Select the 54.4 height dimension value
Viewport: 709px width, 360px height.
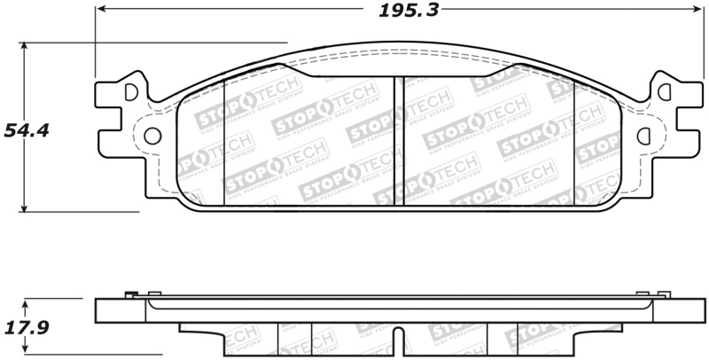(26, 130)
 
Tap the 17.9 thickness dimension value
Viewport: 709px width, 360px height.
(26, 327)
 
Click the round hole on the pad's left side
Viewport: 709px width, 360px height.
(152, 136)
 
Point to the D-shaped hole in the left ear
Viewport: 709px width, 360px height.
(132, 91)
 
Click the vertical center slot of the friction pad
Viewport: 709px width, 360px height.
(398, 140)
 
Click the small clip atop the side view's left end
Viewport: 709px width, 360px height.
(131, 295)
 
